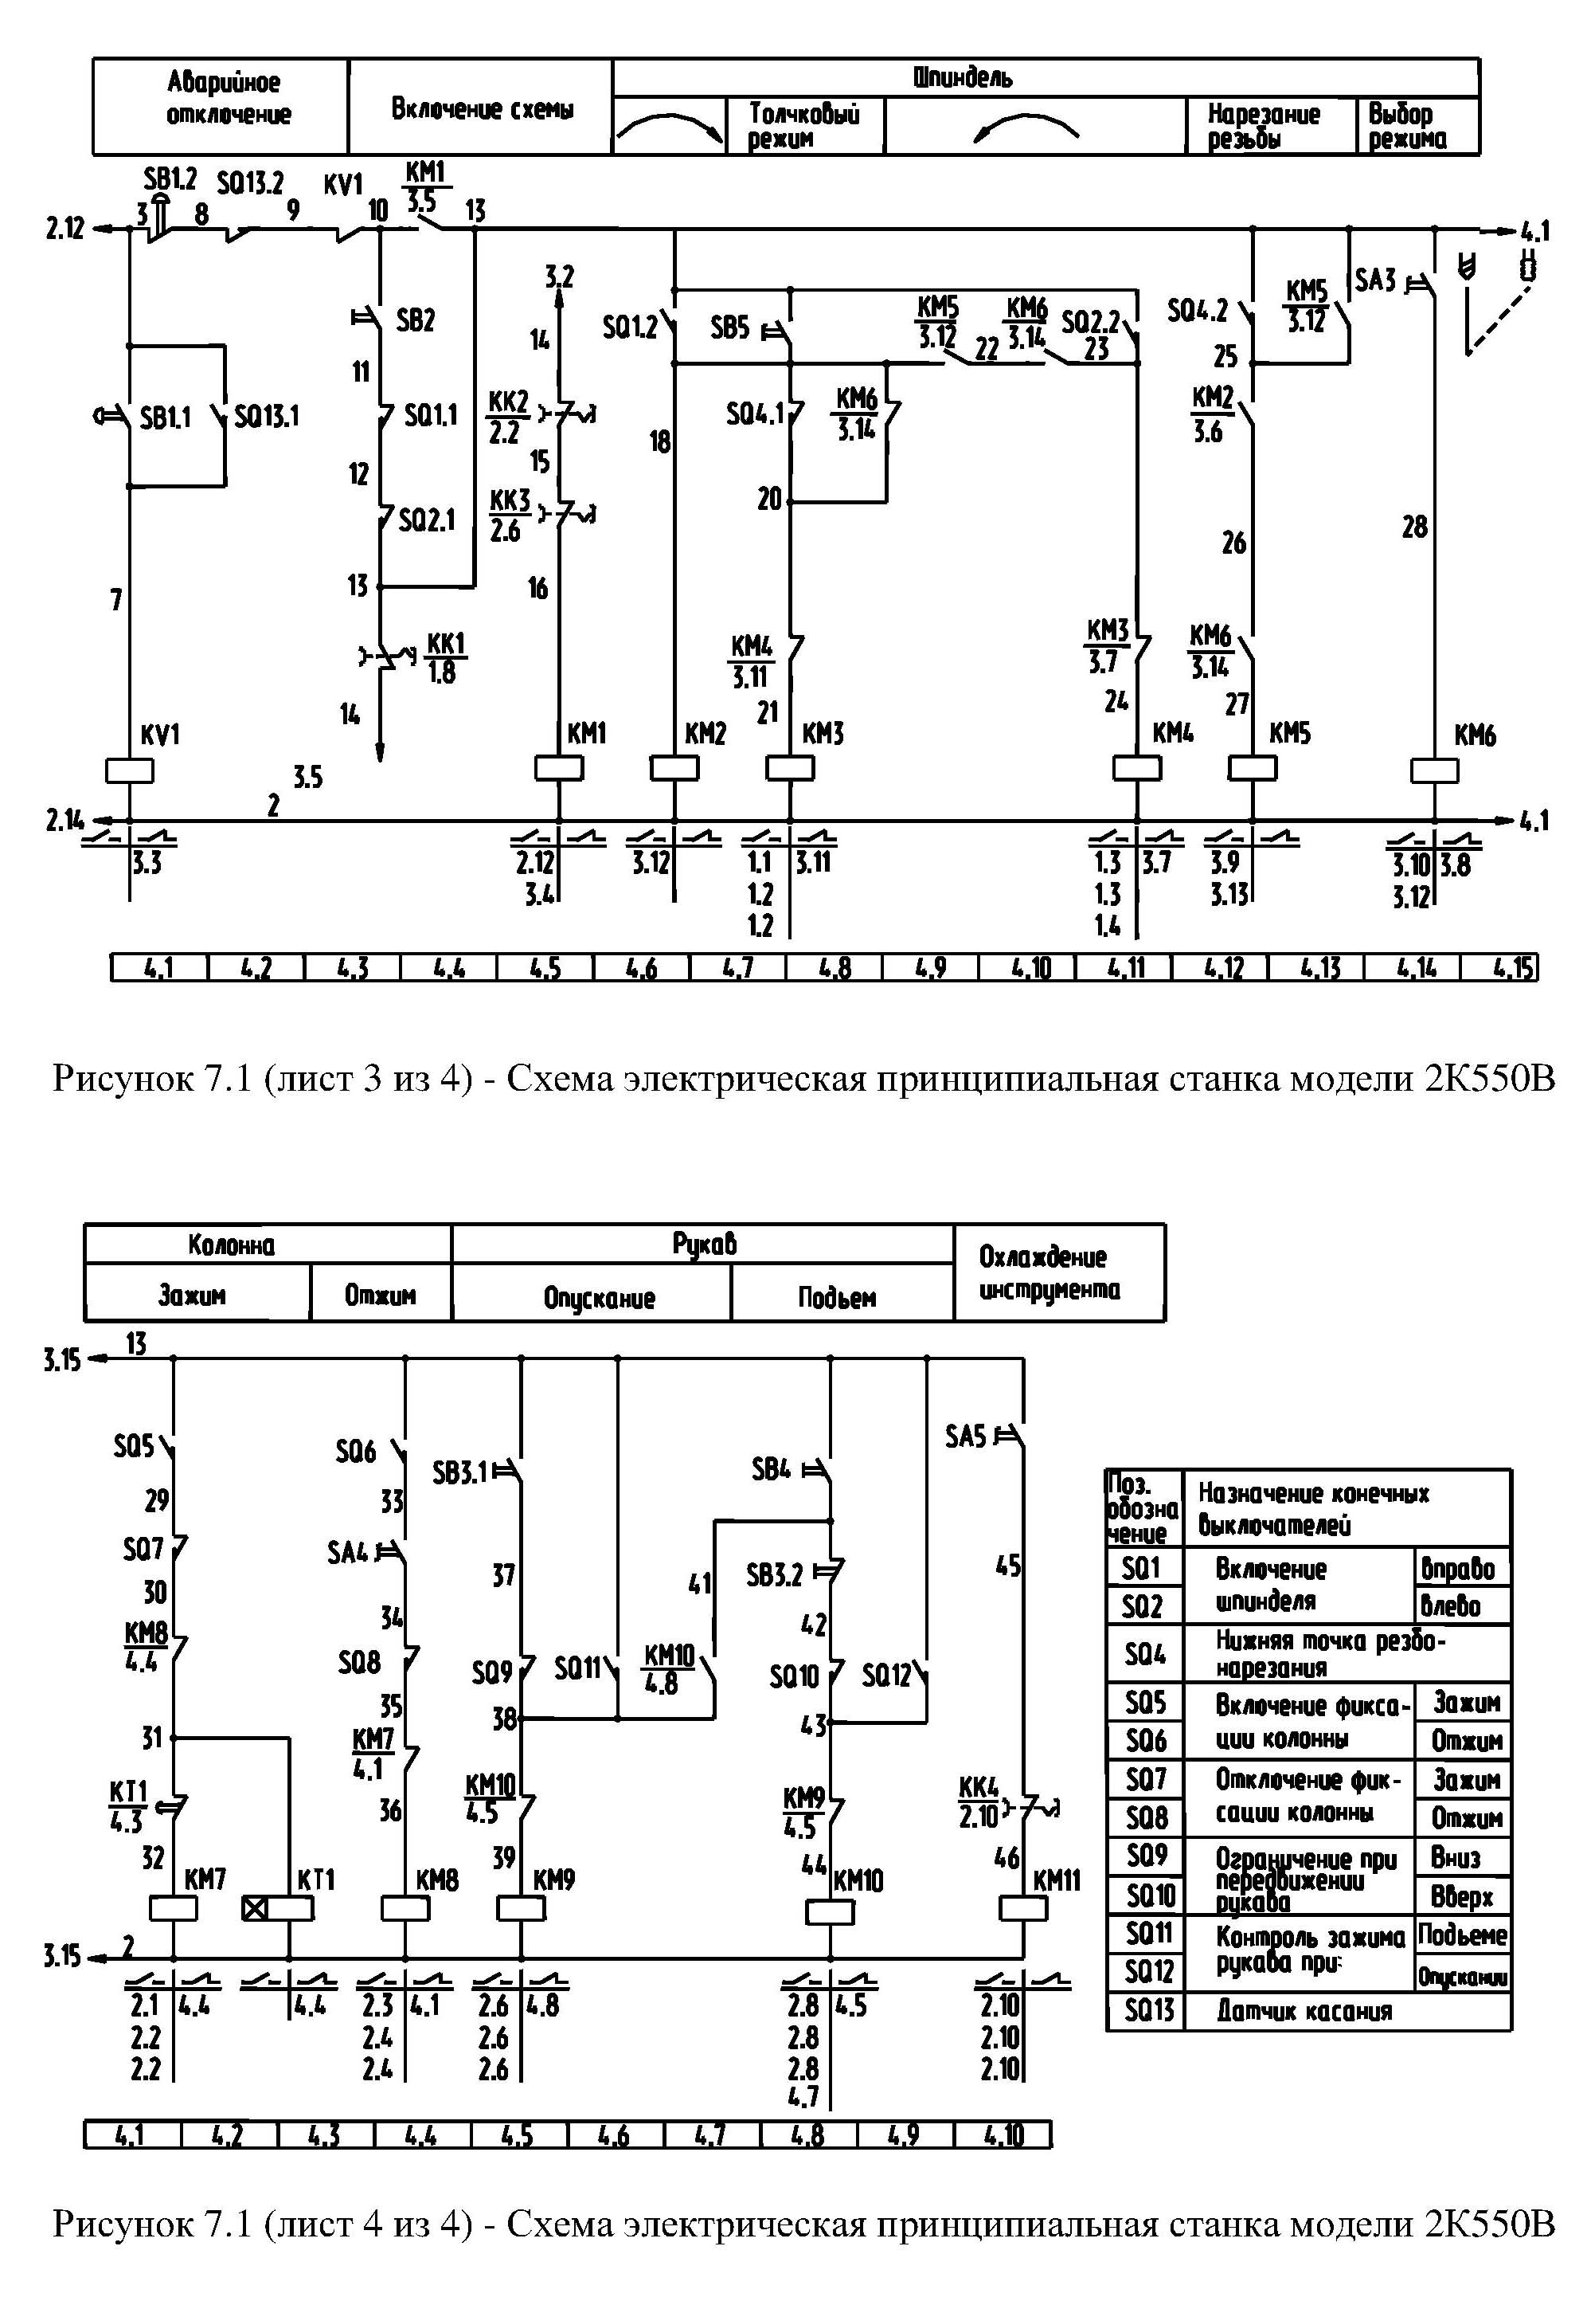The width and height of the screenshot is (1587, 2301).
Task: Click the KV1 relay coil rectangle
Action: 129,771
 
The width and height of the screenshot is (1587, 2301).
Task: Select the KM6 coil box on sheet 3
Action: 1434,771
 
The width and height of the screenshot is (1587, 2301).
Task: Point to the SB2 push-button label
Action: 416,320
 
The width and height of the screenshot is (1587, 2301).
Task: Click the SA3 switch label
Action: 1376,280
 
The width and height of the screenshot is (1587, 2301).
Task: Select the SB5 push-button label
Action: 730,327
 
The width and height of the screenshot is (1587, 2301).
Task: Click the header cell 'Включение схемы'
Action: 481,108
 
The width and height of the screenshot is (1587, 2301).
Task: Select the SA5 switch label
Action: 964,1437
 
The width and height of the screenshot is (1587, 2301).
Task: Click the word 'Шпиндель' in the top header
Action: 963,77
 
